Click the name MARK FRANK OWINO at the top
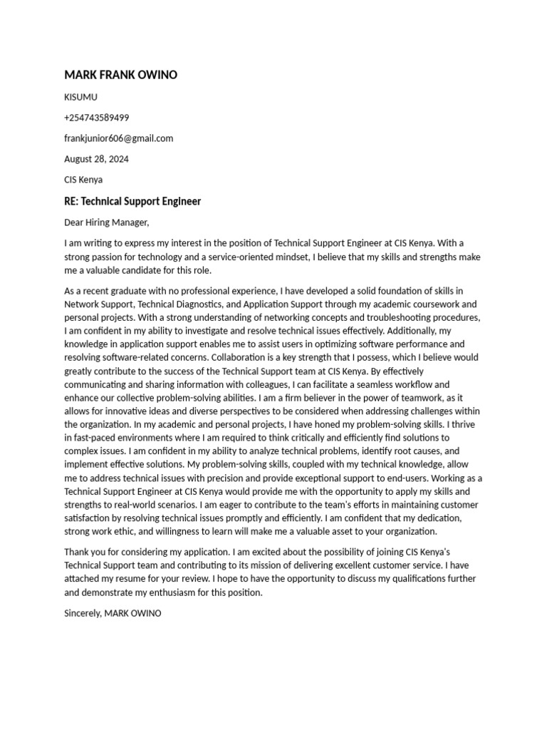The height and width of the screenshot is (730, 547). pos(120,75)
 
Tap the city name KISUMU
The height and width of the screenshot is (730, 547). pos(80,97)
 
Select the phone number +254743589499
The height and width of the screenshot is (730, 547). pos(97,118)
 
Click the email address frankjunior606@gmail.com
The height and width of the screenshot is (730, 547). pos(118,138)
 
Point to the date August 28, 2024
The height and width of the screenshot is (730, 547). pos(96,159)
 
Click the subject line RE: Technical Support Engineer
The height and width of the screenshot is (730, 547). pos(132,201)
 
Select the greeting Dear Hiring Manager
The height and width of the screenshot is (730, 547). pos(106,222)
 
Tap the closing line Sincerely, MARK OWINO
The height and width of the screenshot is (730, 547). pos(113,613)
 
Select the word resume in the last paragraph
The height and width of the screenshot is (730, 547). pos(133,579)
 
